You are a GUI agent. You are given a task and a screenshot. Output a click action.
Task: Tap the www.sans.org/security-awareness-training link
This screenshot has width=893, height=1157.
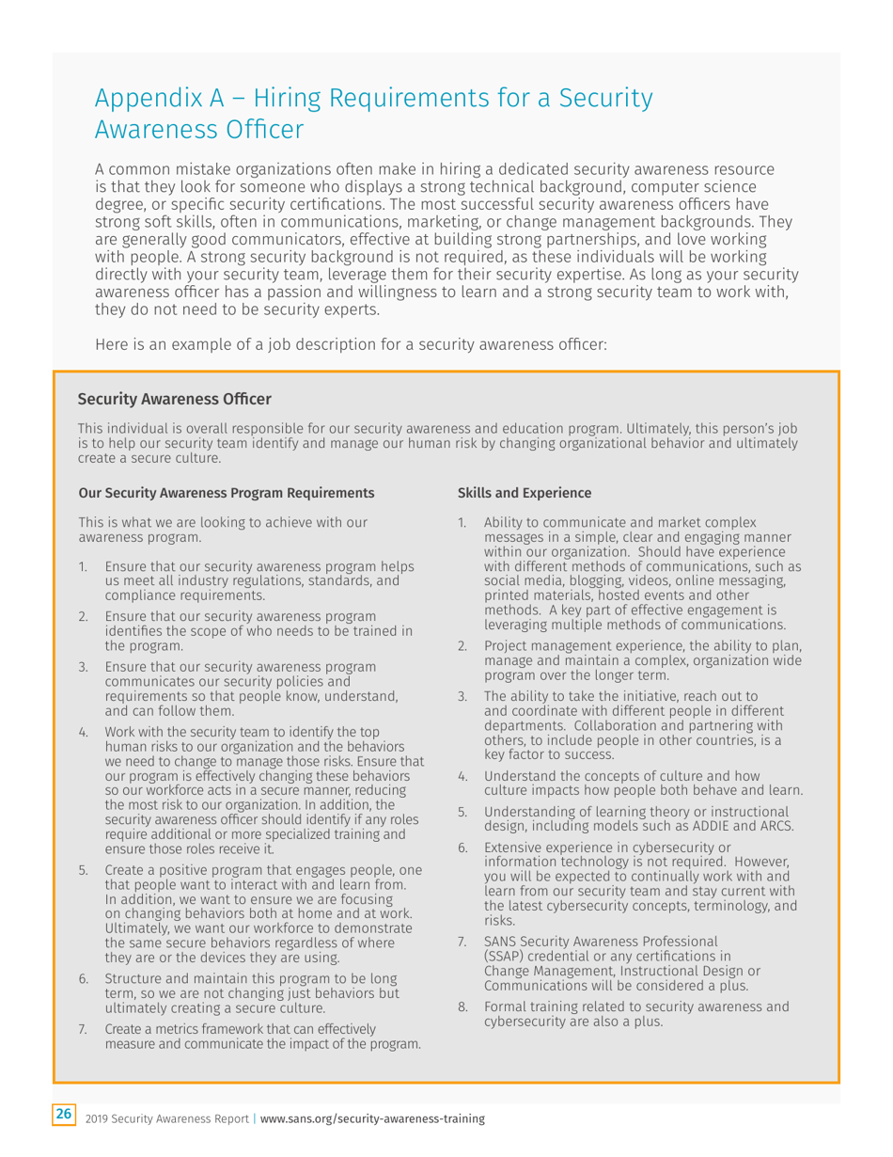pos(372,1118)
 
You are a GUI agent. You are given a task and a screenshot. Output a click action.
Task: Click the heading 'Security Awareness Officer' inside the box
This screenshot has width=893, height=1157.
pos(174,401)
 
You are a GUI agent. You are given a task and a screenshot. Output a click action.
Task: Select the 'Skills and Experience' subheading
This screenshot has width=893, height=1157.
pos(524,493)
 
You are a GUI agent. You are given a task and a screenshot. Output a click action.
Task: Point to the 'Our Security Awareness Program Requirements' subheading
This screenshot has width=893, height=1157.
pos(226,493)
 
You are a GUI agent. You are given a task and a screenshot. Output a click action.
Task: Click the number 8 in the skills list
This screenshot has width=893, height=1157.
pos(462,1007)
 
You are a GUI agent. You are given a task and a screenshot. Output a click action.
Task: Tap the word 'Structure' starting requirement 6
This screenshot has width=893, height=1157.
pos(133,979)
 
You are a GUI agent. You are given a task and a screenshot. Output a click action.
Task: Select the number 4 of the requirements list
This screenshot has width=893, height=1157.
pos(83,731)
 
